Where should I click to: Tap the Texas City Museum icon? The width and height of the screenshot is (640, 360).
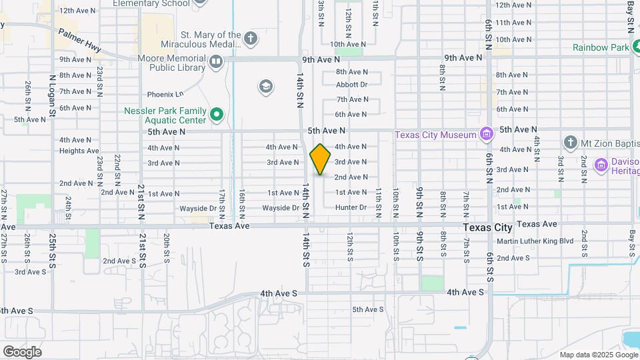coord(487,135)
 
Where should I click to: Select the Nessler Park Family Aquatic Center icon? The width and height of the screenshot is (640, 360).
coord(217,115)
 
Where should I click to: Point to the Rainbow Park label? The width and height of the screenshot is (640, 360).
coord(601,47)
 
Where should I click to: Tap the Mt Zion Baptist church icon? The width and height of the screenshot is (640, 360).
coord(570,141)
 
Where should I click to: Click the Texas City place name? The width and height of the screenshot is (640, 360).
coord(488,227)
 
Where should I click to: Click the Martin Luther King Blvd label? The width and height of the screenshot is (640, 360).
coord(535,241)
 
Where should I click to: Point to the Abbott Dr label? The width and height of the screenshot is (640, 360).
coord(352,85)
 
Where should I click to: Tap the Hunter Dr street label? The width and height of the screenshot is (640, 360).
coord(351,207)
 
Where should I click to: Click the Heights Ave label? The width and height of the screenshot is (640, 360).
coord(79,151)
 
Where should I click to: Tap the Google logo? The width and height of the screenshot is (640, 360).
coord(22,351)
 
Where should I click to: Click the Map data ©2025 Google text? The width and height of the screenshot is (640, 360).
coord(598,355)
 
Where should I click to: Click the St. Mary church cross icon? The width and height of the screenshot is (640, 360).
coord(251,38)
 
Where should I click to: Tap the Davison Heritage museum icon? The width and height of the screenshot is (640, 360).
coord(601,164)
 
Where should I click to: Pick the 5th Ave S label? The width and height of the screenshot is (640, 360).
coord(368,309)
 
